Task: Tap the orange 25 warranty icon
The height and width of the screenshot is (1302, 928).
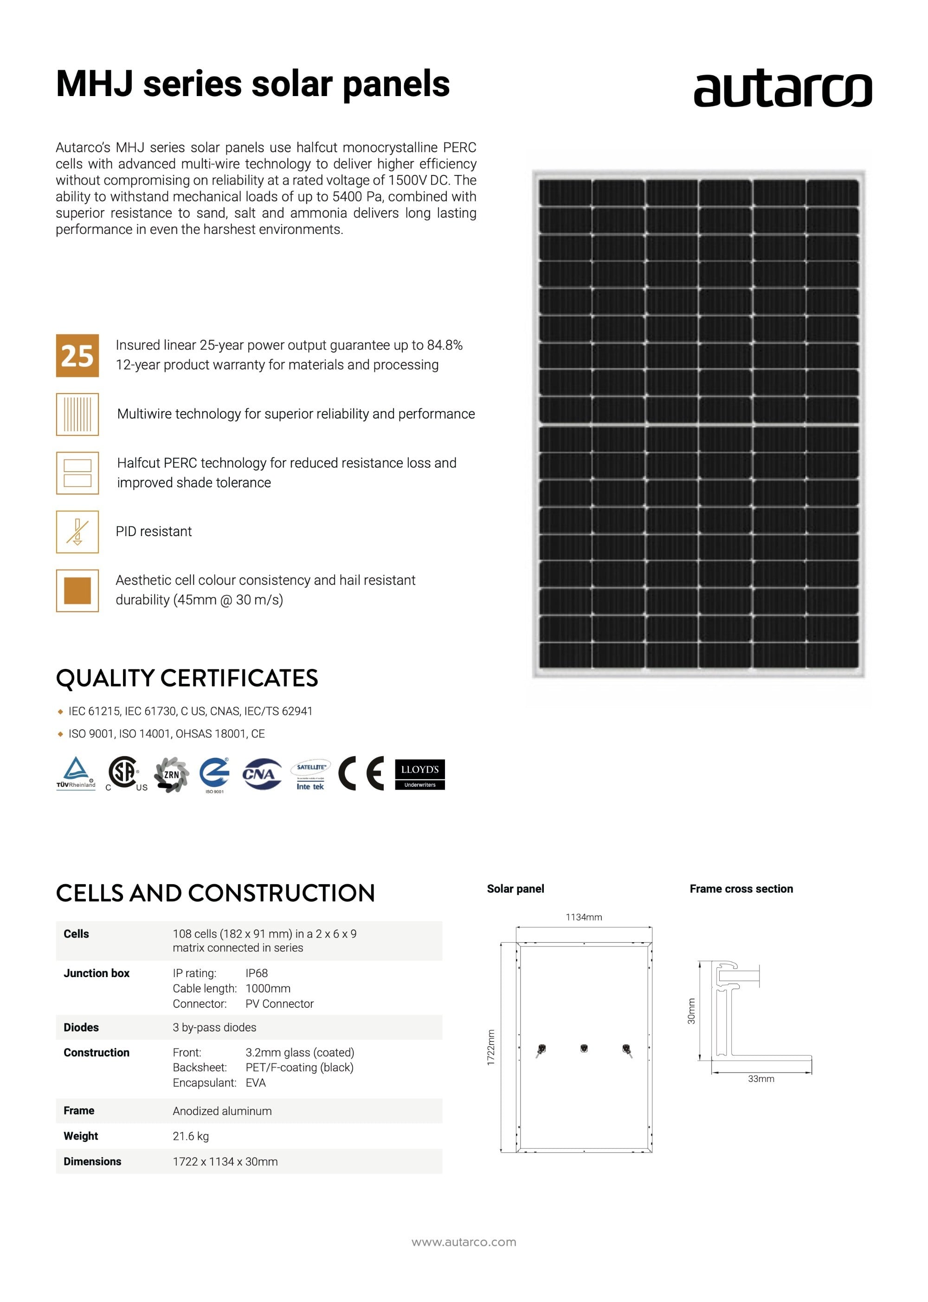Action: pyautogui.click(x=77, y=356)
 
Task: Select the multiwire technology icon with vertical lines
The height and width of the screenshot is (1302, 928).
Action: pyautogui.click(x=77, y=415)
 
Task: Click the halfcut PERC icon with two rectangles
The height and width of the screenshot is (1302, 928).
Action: pyautogui.click(x=77, y=473)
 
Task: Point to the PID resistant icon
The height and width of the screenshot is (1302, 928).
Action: pyautogui.click(x=77, y=532)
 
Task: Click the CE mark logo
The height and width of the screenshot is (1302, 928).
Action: pyautogui.click(x=361, y=774)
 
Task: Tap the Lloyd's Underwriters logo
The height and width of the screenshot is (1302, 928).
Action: pyautogui.click(x=419, y=774)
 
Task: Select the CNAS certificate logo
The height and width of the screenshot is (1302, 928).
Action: pyautogui.click(x=262, y=774)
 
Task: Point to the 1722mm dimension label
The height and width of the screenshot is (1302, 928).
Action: pyautogui.click(x=491, y=1048)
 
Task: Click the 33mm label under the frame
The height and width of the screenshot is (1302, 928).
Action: pyautogui.click(x=761, y=1079)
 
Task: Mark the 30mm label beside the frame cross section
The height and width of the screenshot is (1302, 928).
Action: pyautogui.click(x=691, y=1011)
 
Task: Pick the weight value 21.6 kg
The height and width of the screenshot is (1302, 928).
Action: pyautogui.click(x=191, y=1136)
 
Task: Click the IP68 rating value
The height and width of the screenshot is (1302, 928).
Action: pyautogui.click(x=257, y=973)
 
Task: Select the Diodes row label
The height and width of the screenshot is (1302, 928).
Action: pyautogui.click(x=81, y=1028)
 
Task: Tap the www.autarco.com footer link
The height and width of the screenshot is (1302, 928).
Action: pyautogui.click(x=464, y=1242)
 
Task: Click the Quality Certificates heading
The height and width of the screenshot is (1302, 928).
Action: pyautogui.click(x=187, y=679)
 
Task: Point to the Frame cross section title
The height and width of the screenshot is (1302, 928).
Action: pyautogui.click(x=741, y=889)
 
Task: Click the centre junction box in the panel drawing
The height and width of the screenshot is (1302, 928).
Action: pyautogui.click(x=584, y=1048)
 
